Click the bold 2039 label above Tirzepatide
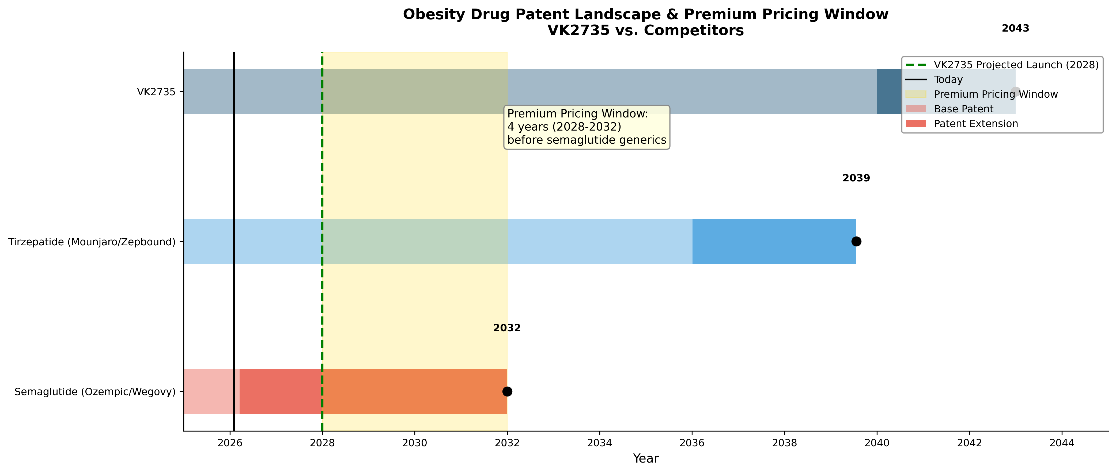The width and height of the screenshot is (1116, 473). (856, 178)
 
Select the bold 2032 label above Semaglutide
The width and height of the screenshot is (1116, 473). (507, 328)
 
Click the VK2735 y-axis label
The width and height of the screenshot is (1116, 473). (156, 92)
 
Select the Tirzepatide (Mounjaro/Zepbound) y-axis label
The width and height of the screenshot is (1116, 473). (92, 242)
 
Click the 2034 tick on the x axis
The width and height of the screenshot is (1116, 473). (600, 443)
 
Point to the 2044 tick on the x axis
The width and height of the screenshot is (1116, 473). (1062, 443)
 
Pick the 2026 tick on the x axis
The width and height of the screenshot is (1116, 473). (230, 443)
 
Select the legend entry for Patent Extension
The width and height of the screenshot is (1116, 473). (962, 123)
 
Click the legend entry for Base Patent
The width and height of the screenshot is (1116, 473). (950, 109)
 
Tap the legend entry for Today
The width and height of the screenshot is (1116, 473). (934, 79)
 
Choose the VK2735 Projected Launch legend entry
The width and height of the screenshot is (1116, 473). (1002, 64)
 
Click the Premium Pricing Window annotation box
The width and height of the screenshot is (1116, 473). (587, 127)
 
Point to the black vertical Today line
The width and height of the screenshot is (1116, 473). (234, 241)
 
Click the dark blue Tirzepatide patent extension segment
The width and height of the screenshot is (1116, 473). (774, 241)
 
